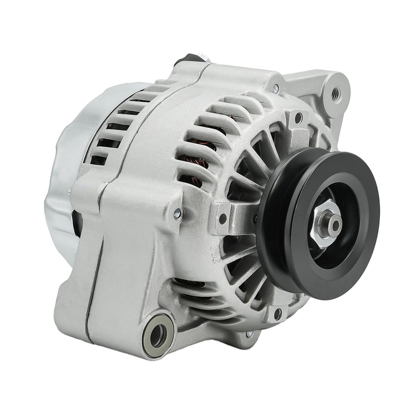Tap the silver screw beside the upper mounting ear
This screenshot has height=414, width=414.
(275, 88)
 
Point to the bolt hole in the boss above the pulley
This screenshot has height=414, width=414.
(299, 119)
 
